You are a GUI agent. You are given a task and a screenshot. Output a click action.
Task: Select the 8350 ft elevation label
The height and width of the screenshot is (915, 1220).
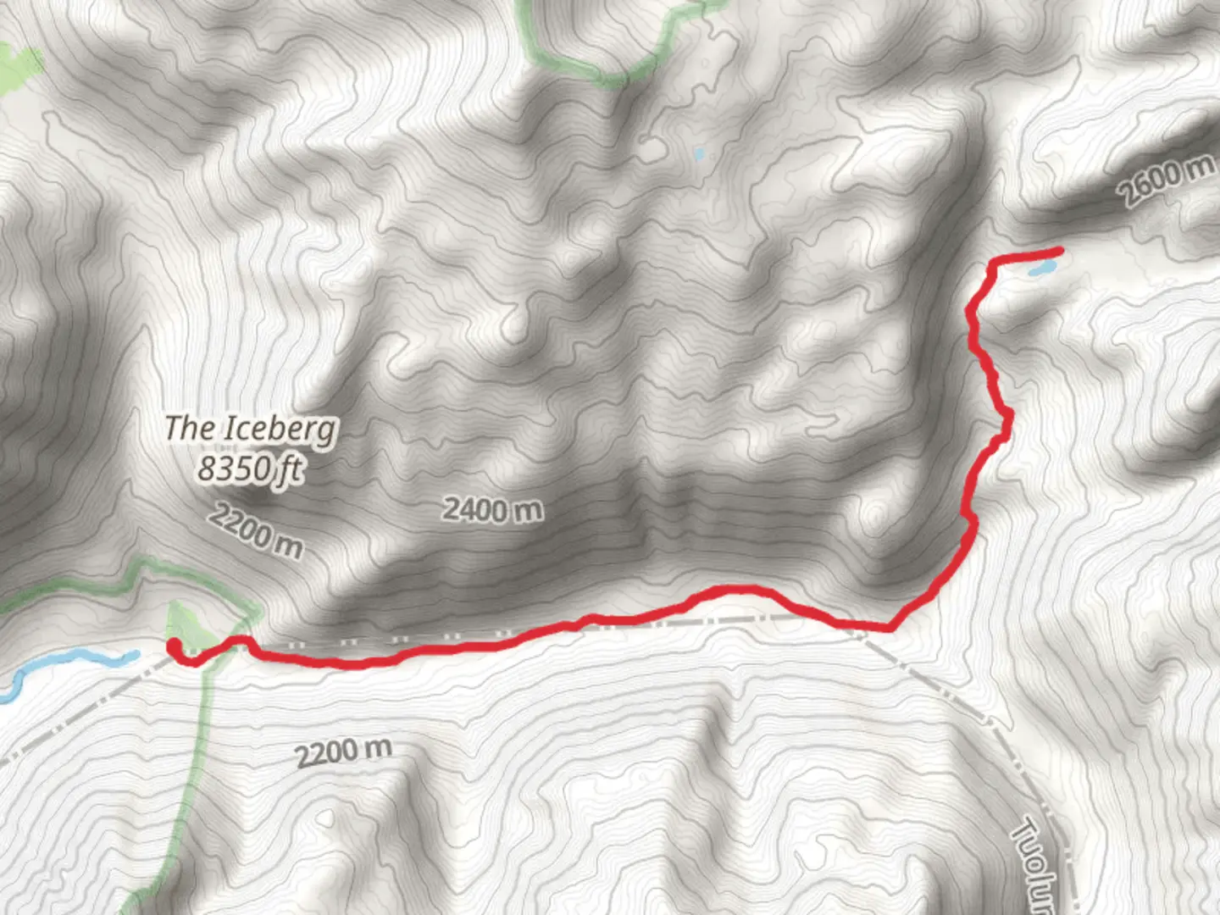pos(250,468)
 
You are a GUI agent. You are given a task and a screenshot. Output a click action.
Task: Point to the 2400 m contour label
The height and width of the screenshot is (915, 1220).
pos(492,509)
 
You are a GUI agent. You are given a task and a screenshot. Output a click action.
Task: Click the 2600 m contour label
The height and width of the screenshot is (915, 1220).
pos(1166,181)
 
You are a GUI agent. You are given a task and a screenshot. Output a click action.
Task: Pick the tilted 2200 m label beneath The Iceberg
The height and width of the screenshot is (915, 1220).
pos(256,530)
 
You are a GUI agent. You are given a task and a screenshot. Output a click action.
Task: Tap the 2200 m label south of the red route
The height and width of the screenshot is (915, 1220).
pos(343,751)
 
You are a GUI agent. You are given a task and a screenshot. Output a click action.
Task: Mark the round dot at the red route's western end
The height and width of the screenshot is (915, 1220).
pos(175,648)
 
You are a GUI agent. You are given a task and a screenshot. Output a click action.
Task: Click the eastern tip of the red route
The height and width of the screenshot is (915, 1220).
pos(1059,250)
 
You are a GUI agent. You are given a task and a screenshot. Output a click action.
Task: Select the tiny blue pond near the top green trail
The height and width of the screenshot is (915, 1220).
pos(698,155)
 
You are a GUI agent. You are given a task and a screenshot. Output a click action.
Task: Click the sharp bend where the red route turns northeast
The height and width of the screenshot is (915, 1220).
pos(890,628)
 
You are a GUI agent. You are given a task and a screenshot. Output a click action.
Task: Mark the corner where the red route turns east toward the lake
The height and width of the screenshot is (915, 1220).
pos(993,267)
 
